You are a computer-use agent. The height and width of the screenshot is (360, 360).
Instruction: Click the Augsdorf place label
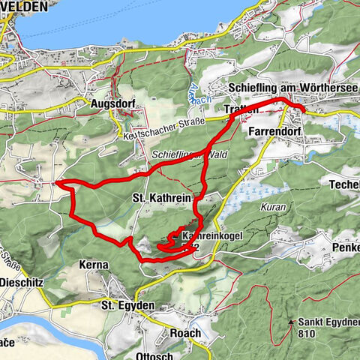tap(111, 104)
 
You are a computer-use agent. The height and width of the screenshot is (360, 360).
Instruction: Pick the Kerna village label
tap(94, 265)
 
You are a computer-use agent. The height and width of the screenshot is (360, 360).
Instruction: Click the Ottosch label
tap(156, 355)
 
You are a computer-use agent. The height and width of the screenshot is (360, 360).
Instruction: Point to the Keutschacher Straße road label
tap(157, 133)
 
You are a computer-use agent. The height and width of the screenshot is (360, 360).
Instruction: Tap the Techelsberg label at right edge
tap(344, 184)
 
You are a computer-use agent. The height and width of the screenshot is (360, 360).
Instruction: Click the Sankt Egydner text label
tap(328, 323)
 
